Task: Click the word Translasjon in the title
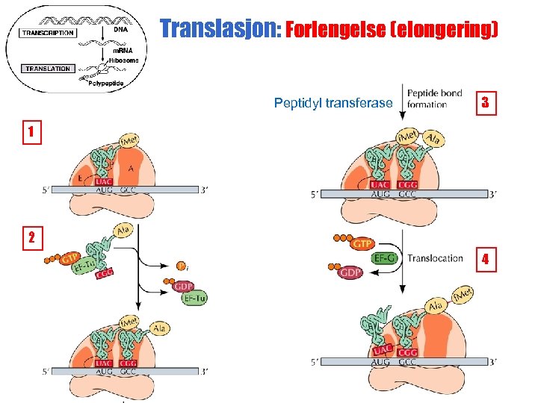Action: pos(217,30)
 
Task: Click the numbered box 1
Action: pos(31,133)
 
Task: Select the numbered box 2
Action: pos(31,238)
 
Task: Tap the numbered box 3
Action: pos(485,102)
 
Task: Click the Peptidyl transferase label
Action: pos(333,103)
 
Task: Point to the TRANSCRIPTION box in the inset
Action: pos(48,33)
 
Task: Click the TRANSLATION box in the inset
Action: pos(48,69)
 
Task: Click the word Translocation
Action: pos(435,258)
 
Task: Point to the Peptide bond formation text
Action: pos(434,99)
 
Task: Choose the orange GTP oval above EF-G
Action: pos(362,243)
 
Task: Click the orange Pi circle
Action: pos(182,266)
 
